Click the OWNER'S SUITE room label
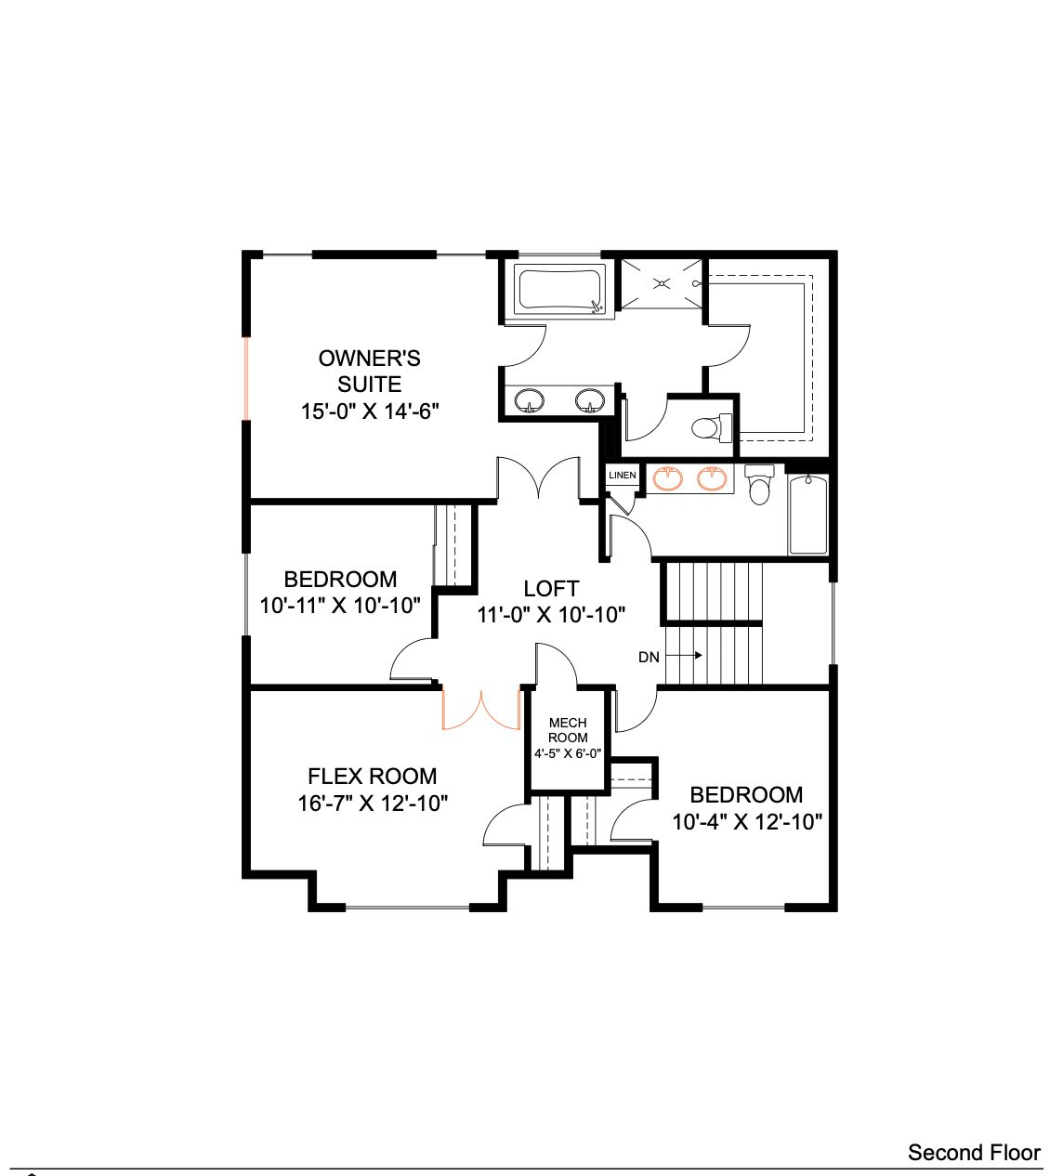pos(370,371)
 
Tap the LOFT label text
pos(551,588)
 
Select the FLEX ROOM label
pos(373,777)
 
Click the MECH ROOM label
pos(568,730)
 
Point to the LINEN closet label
pos(623,475)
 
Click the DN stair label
pos(649,657)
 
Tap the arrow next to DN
pos(684,655)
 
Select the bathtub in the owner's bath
pos(559,290)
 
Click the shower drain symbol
pos(662,283)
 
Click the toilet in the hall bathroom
pos(759,484)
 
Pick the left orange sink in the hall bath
pos(668,477)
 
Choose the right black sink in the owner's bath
pos(590,400)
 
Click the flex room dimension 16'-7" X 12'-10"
pos(373,804)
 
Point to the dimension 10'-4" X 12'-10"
pos(747,822)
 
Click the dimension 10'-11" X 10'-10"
pos(340,605)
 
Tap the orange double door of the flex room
pos(481,710)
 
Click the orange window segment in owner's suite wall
pos(246,378)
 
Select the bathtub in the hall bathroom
pos(808,514)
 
